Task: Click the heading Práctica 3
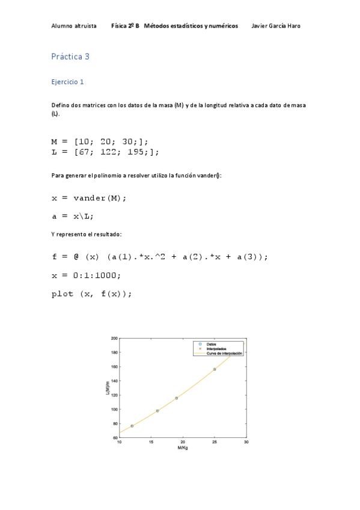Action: [x=70, y=57]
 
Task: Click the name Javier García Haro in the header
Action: [x=275, y=26]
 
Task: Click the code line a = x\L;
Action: [x=73, y=217]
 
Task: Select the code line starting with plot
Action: [x=91, y=294]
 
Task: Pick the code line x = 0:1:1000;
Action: [x=86, y=275]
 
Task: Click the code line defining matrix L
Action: [x=105, y=152]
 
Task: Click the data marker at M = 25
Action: [x=215, y=369]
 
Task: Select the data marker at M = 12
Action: [x=132, y=426]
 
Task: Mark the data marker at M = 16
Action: [x=157, y=411]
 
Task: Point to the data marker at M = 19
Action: [x=176, y=398]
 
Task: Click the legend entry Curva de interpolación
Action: [x=224, y=354]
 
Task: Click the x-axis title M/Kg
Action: [x=183, y=448]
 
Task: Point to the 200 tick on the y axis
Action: [x=114, y=338]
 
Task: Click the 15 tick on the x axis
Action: [x=151, y=442]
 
